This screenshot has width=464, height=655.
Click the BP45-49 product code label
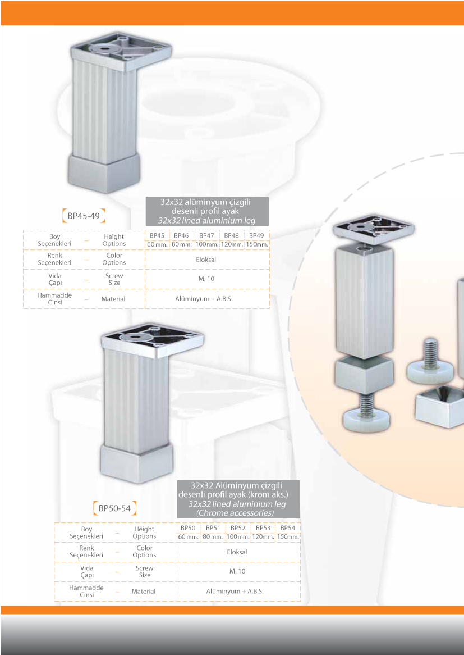click(x=84, y=216)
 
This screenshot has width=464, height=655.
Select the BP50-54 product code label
click(x=115, y=508)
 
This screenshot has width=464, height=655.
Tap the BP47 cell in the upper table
click(x=206, y=235)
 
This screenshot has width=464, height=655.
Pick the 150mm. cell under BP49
click(x=257, y=244)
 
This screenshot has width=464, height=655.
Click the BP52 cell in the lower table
click(x=238, y=528)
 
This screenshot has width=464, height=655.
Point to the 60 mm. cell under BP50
click(x=189, y=536)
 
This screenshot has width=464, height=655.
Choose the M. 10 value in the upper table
click(x=206, y=279)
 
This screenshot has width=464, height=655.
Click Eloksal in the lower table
click(x=237, y=552)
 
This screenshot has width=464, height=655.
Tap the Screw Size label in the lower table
click(x=144, y=571)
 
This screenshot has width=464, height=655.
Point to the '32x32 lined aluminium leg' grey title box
click(x=208, y=211)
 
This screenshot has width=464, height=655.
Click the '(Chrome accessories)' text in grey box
click(x=235, y=512)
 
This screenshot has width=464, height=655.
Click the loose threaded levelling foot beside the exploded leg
click(x=430, y=362)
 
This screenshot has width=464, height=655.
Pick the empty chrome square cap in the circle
click(x=440, y=407)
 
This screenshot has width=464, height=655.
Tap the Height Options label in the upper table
click(x=114, y=240)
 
